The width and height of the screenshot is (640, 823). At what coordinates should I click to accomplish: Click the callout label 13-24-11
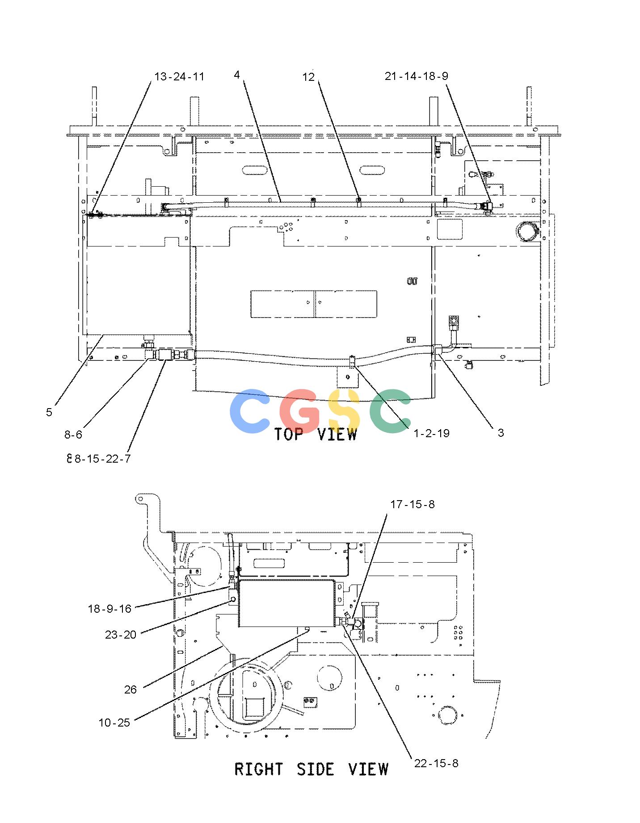click(179, 77)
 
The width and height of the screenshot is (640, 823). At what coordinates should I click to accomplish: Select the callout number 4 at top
click(237, 75)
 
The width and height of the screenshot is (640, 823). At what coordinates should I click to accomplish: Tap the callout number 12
click(308, 77)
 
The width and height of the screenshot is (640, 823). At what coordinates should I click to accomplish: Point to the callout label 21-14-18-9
click(416, 76)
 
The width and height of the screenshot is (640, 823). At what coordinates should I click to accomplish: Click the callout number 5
click(49, 412)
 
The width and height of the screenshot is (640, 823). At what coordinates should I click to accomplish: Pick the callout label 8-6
click(73, 434)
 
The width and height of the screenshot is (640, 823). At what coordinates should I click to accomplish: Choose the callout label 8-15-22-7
click(102, 459)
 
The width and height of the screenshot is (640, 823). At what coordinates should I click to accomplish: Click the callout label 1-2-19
click(431, 433)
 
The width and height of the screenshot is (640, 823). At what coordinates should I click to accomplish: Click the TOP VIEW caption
click(316, 434)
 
